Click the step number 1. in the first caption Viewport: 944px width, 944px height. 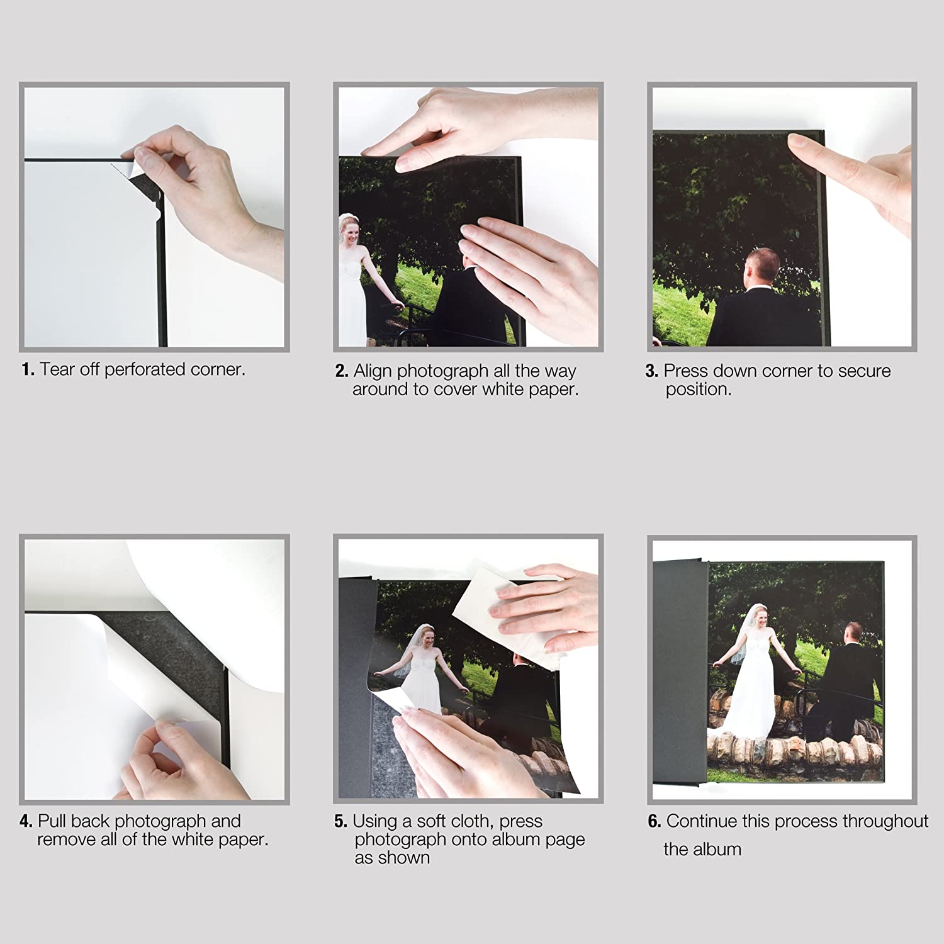click(x=28, y=369)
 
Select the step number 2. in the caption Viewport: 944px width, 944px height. click(x=342, y=371)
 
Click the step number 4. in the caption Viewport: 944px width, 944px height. click(x=26, y=821)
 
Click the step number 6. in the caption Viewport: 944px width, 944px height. click(x=655, y=821)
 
